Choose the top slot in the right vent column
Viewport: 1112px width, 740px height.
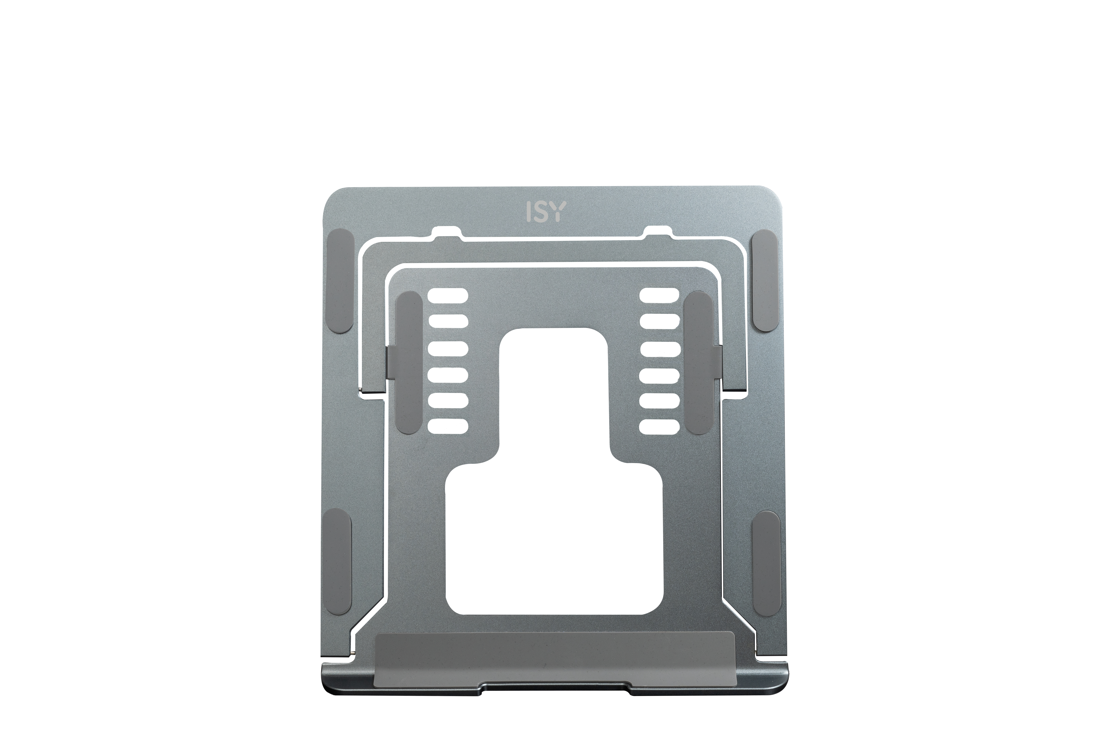tap(660, 296)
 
